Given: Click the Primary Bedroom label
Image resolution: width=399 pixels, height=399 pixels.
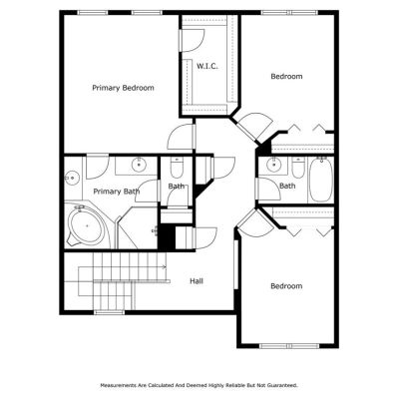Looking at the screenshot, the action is click(123, 88).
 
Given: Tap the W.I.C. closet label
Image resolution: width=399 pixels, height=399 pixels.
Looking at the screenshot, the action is click(207, 66).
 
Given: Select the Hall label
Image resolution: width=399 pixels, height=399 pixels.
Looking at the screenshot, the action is click(197, 281).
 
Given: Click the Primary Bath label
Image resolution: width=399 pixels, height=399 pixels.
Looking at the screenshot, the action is click(117, 192).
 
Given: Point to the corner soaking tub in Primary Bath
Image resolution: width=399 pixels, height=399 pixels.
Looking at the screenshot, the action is click(86, 225).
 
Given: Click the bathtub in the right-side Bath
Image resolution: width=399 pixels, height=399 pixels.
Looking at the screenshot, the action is click(320, 180).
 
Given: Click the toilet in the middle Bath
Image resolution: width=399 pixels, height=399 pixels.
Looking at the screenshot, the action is click(177, 168).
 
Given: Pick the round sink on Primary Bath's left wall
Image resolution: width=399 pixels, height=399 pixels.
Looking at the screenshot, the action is click(72, 178).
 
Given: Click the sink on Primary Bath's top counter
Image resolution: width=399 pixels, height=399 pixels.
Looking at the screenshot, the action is click(139, 165).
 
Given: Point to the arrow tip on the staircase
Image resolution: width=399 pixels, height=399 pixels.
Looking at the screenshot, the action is click(167, 266).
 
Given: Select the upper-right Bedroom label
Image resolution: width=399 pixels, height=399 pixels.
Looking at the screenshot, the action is click(286, 77).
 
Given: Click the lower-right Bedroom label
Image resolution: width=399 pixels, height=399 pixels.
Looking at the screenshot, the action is click(286, 286).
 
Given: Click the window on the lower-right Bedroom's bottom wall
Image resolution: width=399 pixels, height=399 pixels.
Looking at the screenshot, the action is click(289, 346).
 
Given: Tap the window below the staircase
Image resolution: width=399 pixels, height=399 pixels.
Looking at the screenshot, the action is click(110, 312).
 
